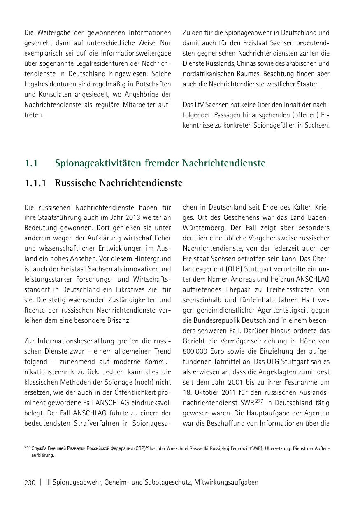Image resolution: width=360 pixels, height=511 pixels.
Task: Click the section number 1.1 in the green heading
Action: (x=31, y=163)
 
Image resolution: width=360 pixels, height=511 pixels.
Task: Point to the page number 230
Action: (x=30, y=483)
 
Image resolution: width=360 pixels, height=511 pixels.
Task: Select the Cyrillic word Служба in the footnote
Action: (x=39, y=448)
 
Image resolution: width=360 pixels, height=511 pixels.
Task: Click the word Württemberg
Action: (x=202, y=228)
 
